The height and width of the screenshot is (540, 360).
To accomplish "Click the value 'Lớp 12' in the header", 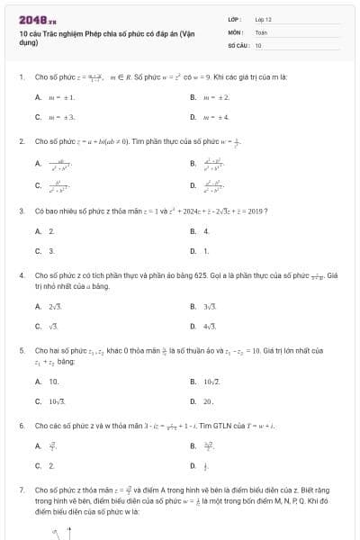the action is point(263,19).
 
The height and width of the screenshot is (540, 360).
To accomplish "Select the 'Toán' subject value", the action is point(261,31).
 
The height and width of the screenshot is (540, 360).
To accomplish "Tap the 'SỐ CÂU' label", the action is point(236,44).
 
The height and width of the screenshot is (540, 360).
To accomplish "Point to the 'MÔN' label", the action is point(234,31).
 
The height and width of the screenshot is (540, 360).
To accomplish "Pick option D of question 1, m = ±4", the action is point(211,117).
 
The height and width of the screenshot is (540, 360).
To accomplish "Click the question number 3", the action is point(21,211).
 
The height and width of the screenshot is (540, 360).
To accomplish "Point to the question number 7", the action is point(21,489).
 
